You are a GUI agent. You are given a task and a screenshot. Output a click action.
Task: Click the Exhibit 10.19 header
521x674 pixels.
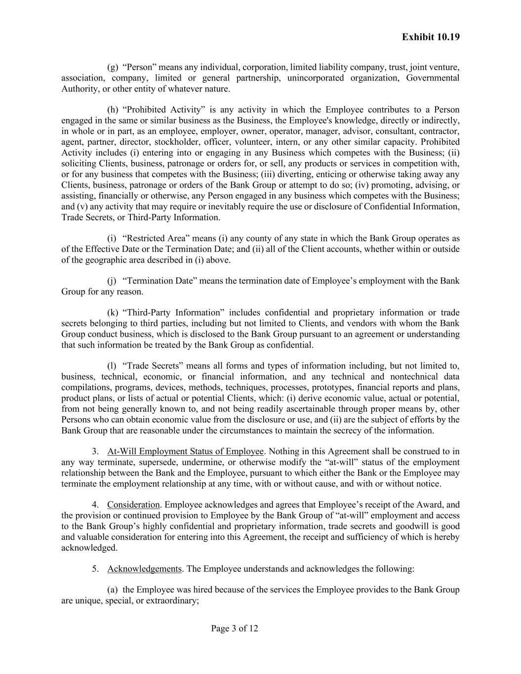(x=431, y=37)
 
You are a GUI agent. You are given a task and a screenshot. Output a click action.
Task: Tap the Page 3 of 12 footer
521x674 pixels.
(x=235, y=629)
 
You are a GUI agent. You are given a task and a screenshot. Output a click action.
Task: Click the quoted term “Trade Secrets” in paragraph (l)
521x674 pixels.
(x=153, y=366)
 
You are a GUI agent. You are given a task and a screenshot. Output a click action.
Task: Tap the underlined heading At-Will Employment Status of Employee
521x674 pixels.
(x=185, y=451)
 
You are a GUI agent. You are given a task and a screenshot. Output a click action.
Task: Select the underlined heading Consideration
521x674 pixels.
(x=133, y=505)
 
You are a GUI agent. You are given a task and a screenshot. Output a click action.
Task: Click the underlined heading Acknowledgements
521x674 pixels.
(x=144, y=569)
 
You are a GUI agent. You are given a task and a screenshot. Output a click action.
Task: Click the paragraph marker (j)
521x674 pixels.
(x=112, y=281)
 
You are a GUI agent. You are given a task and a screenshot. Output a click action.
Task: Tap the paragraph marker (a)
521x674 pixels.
(x=113, y=590)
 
